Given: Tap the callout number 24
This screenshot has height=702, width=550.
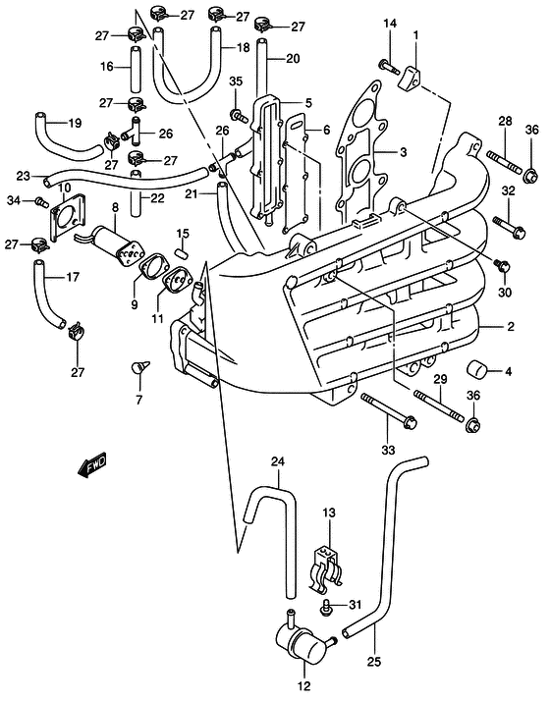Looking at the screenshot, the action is [278, 461].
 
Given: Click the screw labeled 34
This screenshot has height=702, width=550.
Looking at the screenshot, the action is [41, 203].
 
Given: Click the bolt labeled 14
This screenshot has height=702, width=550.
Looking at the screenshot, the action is [388, 66].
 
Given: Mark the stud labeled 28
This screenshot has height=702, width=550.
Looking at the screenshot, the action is [504, 162].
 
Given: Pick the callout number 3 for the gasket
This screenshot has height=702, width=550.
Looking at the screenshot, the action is [403, 152].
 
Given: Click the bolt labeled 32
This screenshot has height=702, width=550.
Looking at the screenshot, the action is [509, 227].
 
